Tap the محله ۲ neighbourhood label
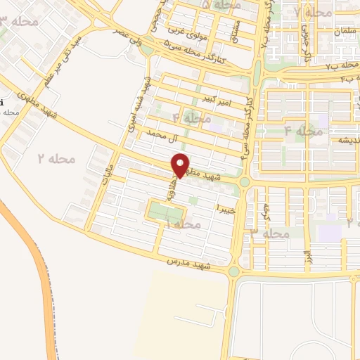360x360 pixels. [x=56, y=159]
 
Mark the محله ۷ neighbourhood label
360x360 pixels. [x=314, y=12]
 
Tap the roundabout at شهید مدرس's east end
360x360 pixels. [x=233, y=271]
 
